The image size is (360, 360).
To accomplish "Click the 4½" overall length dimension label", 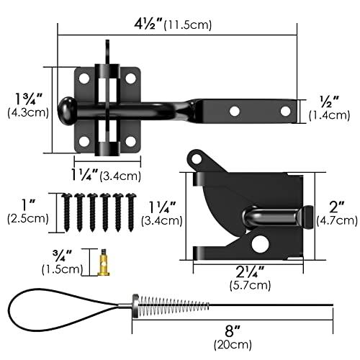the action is (x=148, y=24).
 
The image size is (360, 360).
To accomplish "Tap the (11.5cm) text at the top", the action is (x=188, y=25).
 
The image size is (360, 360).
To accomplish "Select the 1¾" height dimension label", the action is (x=28, y=99).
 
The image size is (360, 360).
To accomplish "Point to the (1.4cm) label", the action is (x=329, y=115).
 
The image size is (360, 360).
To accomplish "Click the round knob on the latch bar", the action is (x=67, y=111).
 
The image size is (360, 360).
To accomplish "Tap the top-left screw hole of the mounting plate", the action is (x=84, y=78).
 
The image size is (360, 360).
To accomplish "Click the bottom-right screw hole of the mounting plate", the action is (x=130, y=142).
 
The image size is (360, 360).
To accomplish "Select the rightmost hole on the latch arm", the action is (x=285, y=111).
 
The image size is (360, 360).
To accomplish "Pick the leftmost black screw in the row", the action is (x=66, y=212).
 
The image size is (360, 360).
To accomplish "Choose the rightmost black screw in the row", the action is (x=131, y=212).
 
